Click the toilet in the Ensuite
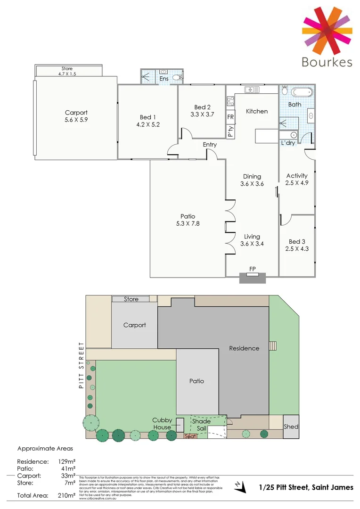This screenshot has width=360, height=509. pos(177,77)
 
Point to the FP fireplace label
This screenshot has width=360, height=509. pos(253,269)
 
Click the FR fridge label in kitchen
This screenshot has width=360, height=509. pos(230,117)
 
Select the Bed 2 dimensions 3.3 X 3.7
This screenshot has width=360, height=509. pos(201,114)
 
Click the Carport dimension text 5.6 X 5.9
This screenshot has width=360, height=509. pos(76,120)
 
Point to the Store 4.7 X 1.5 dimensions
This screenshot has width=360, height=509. pos(69,74)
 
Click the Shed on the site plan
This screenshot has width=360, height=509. pos(291,427)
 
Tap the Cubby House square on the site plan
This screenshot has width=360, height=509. pos(180,424)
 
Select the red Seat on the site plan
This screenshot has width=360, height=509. pos(190,436)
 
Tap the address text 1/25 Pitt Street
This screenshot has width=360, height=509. pos(306,487)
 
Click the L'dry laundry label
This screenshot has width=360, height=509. pos(288,143)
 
